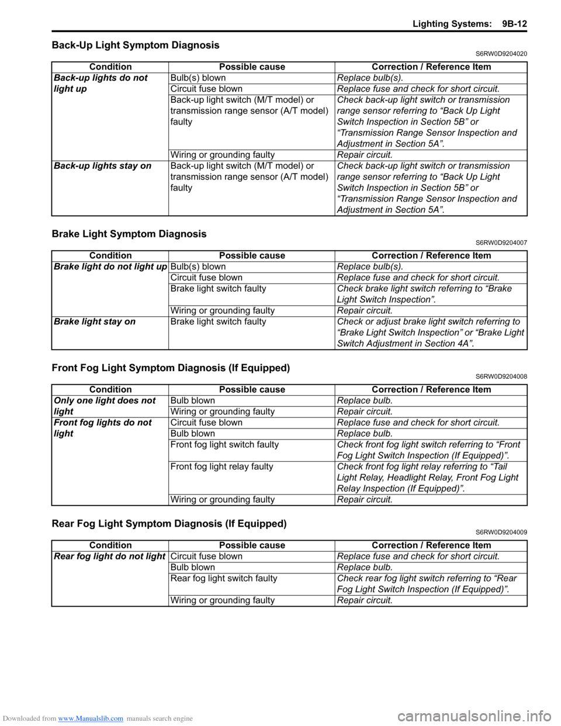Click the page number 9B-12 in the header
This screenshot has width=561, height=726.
[x=514, y=24]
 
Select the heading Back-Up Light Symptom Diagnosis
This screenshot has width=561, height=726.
[x=136, y=45]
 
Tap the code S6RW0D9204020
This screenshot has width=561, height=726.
[x=501, y=54]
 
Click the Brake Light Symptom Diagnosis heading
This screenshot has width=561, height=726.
[x=129, y=234]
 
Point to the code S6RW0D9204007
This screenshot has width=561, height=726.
[x=501, y=243]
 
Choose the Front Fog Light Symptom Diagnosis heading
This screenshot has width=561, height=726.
[x=171, y=368]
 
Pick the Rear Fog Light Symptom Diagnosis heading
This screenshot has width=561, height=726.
[x=169, y=524]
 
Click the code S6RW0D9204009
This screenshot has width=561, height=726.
[x=501, y=533]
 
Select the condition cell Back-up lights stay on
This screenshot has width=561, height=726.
[x=103, y=166]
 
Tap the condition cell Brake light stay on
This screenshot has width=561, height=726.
[x=95, y=321]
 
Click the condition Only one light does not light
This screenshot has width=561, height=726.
[x=105, y=406]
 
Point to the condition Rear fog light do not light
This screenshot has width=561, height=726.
[x=110, y=556]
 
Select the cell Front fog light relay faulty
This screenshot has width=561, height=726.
[x=222, y=466]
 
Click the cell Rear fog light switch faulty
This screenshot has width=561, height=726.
[x=224, y=578]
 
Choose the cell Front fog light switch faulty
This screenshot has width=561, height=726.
[x=224, y=445]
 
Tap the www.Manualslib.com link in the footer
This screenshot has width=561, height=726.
[x=91, y=718]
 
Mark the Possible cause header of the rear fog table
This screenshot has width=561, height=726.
[x=252, y=545]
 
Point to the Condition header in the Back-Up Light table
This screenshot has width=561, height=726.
[x=110, y=67]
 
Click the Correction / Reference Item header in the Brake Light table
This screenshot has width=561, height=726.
[x=431, y=255]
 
